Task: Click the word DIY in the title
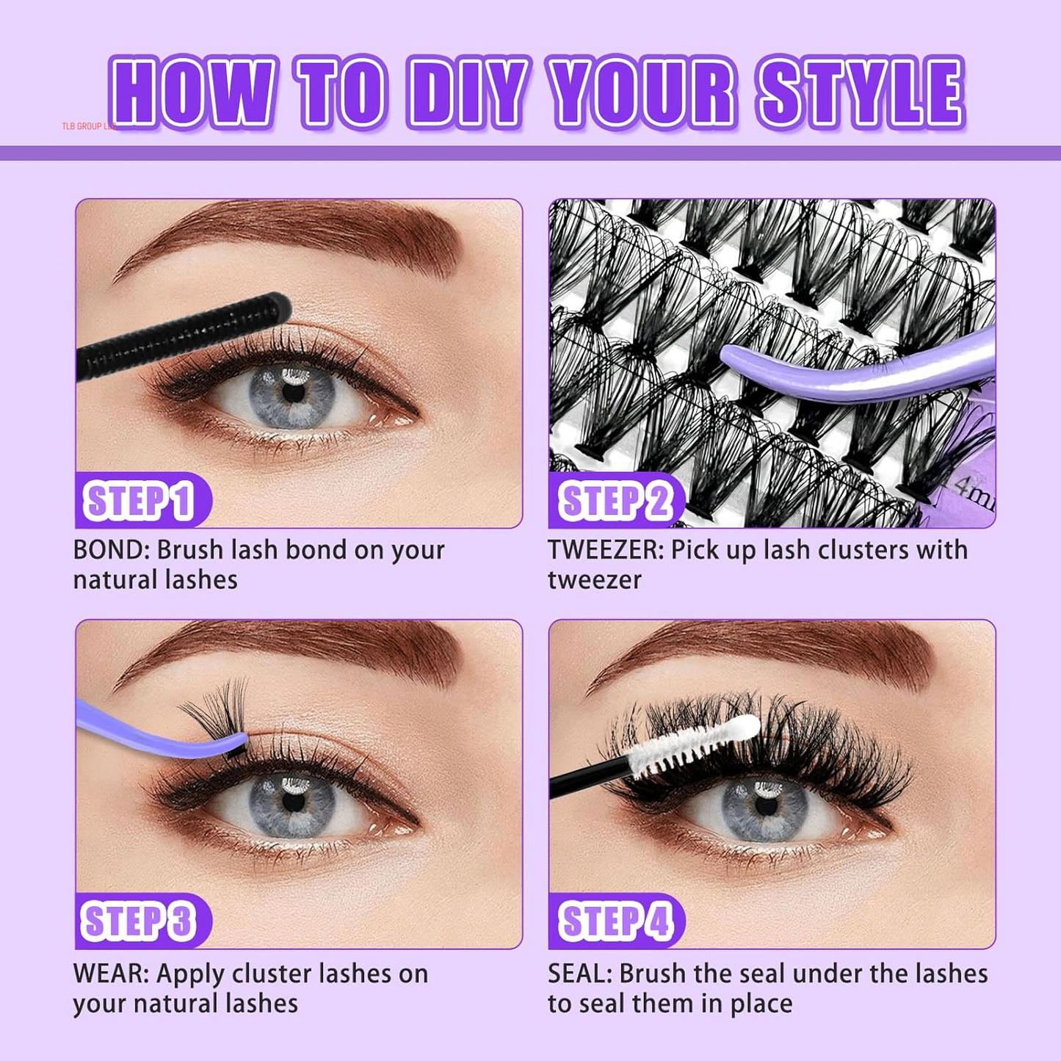(468, 93)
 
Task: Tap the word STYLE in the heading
(861, 93)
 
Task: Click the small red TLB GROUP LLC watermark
(89, 126)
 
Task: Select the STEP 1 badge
(141, 501)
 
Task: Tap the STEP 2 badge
(615, 501)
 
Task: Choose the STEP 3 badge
(141, 921)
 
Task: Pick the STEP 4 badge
(615, 921)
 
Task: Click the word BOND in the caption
(110, 550)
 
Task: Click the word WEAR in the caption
(110, 974)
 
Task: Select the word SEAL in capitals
(579, 974)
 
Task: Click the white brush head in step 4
(705, 745)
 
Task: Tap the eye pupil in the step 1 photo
(293, 392)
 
